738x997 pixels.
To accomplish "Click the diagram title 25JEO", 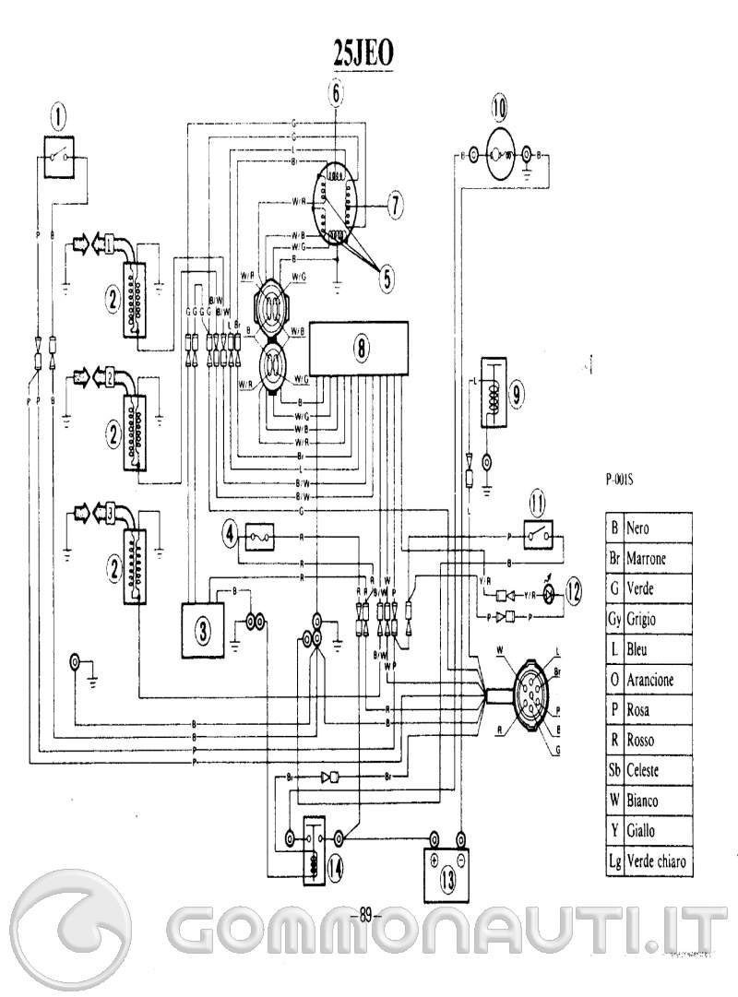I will (x=363, y=54).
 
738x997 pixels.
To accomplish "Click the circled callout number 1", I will (x=60, y=116).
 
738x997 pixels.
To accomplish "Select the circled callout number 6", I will (x=336, y=91).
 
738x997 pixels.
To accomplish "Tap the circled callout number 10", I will (x=499, y=109).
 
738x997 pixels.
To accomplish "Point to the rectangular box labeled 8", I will (x=360, y=348).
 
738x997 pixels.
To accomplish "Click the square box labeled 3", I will (x=203, y=630).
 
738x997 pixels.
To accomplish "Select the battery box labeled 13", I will (x=446, y=873).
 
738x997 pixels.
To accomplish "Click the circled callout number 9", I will (x=518, y=394).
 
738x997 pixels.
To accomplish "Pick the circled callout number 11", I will (x=539, y=504).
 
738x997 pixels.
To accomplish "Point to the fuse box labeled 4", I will (x=229, y=532).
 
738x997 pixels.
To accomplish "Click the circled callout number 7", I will (x=393, y=206).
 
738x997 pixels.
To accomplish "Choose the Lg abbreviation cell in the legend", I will (x=613, y=861).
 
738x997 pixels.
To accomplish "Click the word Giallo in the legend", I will (x=640, y=831).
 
